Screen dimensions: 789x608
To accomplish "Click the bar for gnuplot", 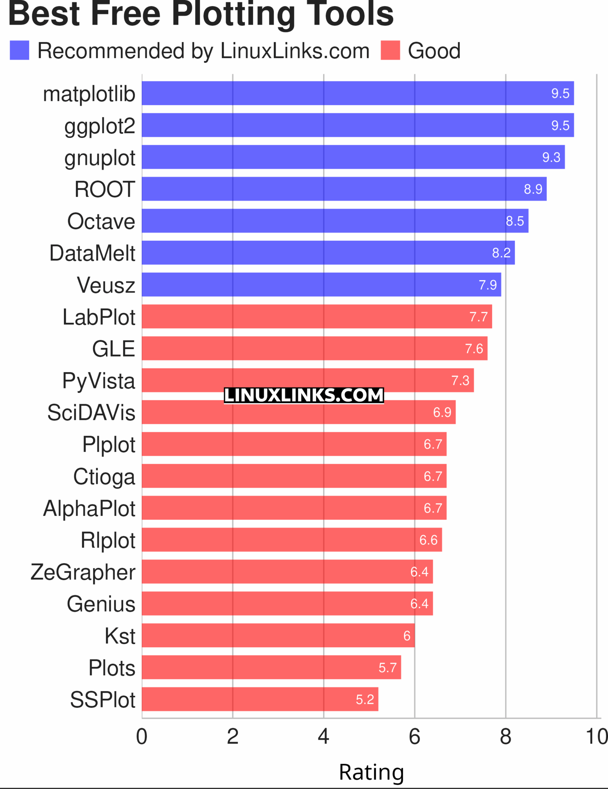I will (x=353, y=157).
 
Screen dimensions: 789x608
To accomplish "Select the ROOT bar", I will (x=344, y=189).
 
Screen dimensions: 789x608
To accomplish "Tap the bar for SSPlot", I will (x=260, y=699).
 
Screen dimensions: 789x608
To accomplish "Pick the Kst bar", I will (x=278, y=635).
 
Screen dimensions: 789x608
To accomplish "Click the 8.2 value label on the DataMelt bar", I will (x=501, y=253).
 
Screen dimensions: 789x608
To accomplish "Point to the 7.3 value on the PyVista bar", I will (x=460, y=380).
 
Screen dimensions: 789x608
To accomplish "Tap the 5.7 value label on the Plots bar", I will (x=387, y=667).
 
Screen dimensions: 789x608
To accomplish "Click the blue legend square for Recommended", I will (x=20, y=50).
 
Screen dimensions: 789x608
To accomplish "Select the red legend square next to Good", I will (x=390, y=50).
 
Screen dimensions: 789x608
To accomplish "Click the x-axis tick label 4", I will (x=323, y=737).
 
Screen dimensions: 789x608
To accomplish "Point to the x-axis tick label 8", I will (x=505, y=737).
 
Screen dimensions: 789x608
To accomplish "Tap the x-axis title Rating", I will (x=371, y=772).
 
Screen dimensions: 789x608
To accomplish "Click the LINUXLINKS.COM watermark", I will (x=304, y=395).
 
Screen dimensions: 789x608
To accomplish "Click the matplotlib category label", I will (x=89, y=94).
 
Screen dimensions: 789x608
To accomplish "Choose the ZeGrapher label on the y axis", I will (x=83, y=572).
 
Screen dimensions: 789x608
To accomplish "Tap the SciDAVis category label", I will (x=91, y=413).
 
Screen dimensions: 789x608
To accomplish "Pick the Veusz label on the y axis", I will (x=106, y=285).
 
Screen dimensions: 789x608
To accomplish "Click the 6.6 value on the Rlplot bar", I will (x=428, y=540).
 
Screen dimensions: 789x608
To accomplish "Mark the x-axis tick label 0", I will (x=142, y=737).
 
